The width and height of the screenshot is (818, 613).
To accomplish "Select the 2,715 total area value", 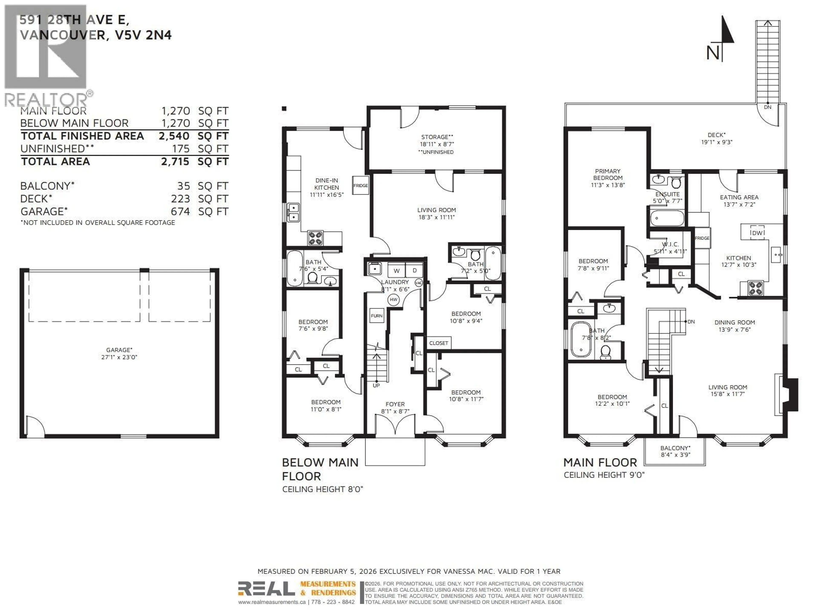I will [175, 162].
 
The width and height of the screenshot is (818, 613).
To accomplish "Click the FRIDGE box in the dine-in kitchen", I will [360, 185].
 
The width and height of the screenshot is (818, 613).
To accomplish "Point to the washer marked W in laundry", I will [396, 271].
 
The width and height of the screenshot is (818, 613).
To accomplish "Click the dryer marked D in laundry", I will [415, 271].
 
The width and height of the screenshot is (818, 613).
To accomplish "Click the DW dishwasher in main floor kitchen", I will [757, 233].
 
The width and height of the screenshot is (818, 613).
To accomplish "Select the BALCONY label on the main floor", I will [675, 448].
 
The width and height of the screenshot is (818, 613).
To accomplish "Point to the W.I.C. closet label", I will [670, 244].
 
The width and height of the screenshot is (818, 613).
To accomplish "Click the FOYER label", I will [395, 404].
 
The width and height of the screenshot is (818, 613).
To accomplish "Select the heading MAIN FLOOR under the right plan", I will [600, 462].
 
